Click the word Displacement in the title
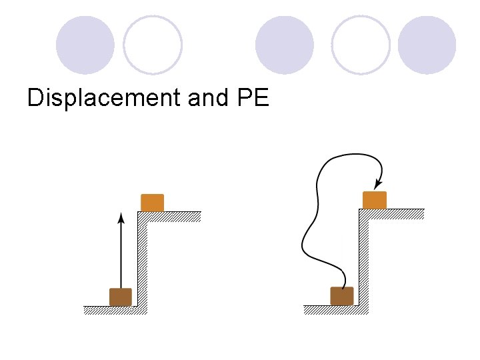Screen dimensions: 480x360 (104, 98)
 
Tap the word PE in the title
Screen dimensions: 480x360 (253, 98)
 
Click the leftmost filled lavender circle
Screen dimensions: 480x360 (85, 45)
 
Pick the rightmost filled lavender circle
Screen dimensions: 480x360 (427, 45)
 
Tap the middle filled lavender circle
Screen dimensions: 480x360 (285, 45)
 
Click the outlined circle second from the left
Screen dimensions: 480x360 (153, 45)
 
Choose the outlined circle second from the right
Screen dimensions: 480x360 (361, 45)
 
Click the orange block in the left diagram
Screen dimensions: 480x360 (153, 202)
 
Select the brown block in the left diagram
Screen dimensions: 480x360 (121, 297)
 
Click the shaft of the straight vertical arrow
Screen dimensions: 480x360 (121, 253)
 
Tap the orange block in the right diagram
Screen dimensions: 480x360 (375, 199)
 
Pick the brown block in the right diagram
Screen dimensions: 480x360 (342, 295)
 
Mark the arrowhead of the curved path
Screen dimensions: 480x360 (378, 183)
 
